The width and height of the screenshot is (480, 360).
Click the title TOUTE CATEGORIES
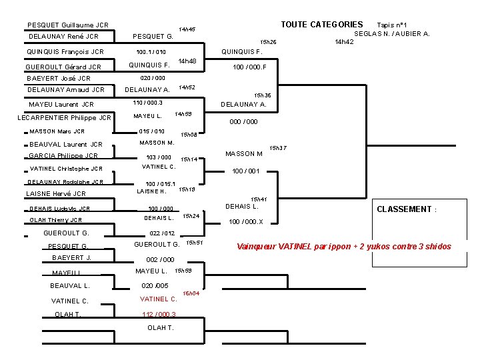coord(321,25)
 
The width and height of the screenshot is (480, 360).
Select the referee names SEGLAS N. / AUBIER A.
coord(391,33)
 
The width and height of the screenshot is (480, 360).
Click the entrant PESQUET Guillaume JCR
coord(68,25)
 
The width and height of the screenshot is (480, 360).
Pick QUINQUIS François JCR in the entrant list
coord(65,51)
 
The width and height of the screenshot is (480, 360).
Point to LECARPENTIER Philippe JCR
coord(64,118)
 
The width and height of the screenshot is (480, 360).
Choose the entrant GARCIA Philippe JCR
coord(63,155)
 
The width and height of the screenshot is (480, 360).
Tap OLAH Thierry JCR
coord(56,220)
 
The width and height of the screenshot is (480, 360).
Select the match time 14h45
coord(187,29)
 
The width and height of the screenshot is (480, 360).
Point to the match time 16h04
coord(191,293)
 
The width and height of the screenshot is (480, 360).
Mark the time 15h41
coord(259,199)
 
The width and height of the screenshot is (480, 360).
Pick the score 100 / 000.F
coord(249,67)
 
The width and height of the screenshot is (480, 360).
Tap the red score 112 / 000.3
coord(159,315)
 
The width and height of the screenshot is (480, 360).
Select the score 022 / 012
coord(163,233)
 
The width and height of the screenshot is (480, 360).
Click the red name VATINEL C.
coord(158,299)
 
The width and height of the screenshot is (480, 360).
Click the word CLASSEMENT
coord(405,209)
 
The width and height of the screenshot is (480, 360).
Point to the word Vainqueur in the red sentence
coord(256,247)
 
